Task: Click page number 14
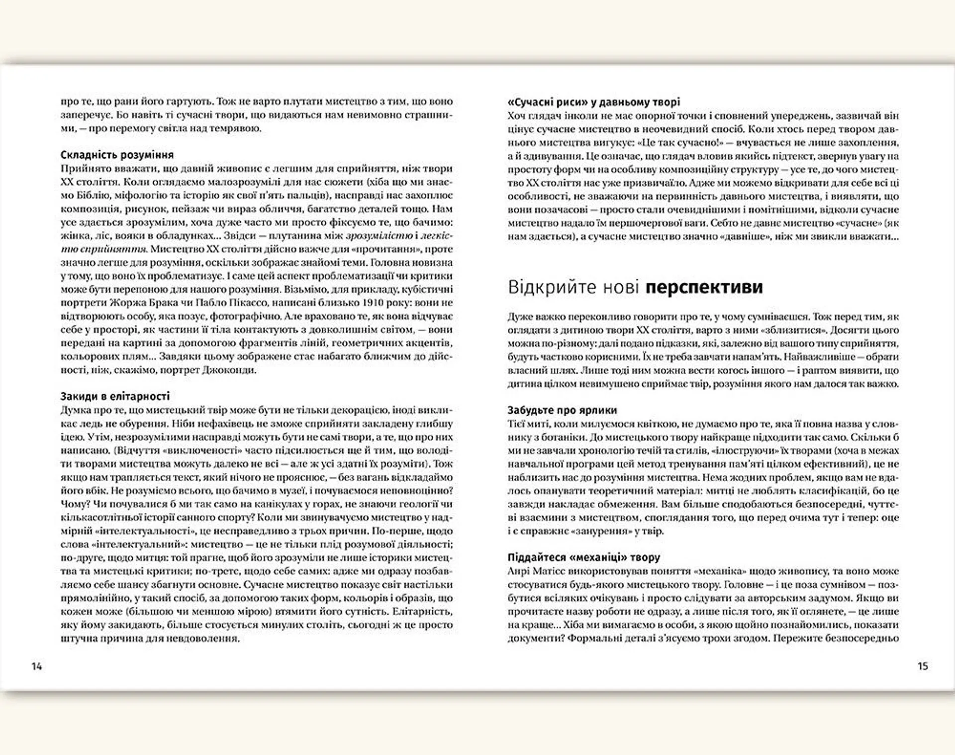click(37, 666)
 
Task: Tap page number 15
click(923, 666)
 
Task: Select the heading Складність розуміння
click(117, 155)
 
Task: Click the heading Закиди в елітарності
click(115, 396)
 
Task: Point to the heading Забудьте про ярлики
click(562, 410)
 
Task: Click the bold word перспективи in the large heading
click(704, 288)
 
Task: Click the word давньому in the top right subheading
click(625, 102)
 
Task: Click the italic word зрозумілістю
click(379, 235)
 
